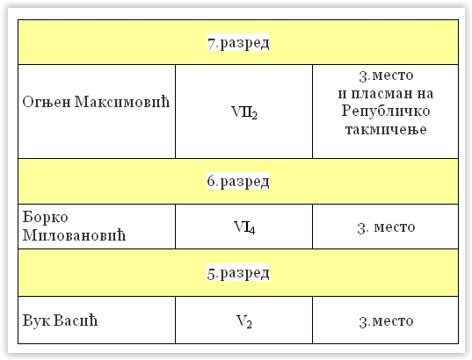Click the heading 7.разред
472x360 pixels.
point(238,43)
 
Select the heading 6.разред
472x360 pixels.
point(238,181)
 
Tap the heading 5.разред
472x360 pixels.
point(238,273)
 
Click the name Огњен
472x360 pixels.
point(47,102)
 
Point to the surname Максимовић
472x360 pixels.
point(122,101)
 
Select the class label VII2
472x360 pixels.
point(244,112)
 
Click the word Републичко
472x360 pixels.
point(386,112)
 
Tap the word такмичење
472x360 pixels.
point(386,129)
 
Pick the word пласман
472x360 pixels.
point(381,94)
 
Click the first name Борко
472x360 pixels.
point(45,217)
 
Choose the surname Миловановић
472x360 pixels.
point(74,234)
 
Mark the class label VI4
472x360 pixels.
point(244,227)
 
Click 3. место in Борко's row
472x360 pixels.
point(386,227)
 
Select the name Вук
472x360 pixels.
point(36,320)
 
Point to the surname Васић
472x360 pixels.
point(76,320)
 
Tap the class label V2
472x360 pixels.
point(244,321)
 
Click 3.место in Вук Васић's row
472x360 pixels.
point(386,321)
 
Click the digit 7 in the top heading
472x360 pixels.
point(212,44)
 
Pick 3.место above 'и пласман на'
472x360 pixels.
point(386,76)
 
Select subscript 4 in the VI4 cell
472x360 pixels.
point(251,230)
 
